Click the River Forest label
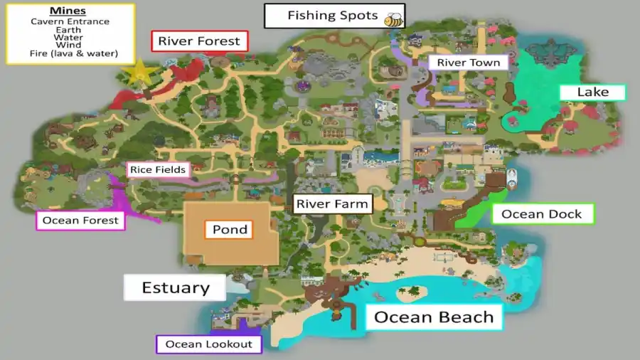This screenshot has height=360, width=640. tap(199, 41)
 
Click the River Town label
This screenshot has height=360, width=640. tap(468, 63)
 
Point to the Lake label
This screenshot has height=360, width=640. tap(592, 92)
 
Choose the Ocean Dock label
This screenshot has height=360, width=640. tap(542, 214)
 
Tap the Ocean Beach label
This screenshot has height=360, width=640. tap(434, 317)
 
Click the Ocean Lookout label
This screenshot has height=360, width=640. tap(208, 344)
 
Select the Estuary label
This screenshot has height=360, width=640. tap(175, 287)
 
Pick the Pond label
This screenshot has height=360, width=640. tap(230, 229)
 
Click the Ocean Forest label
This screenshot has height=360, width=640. tap(80, 221)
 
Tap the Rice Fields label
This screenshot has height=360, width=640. tap(157, 169)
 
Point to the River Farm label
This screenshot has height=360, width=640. tap(332, 204)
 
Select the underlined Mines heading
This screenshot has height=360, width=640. tap(69, 11)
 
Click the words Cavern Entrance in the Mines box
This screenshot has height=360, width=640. tap(70, 21)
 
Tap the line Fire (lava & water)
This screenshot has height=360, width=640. tap(70, 53)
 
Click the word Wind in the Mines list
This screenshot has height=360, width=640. tap(70, 46)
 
